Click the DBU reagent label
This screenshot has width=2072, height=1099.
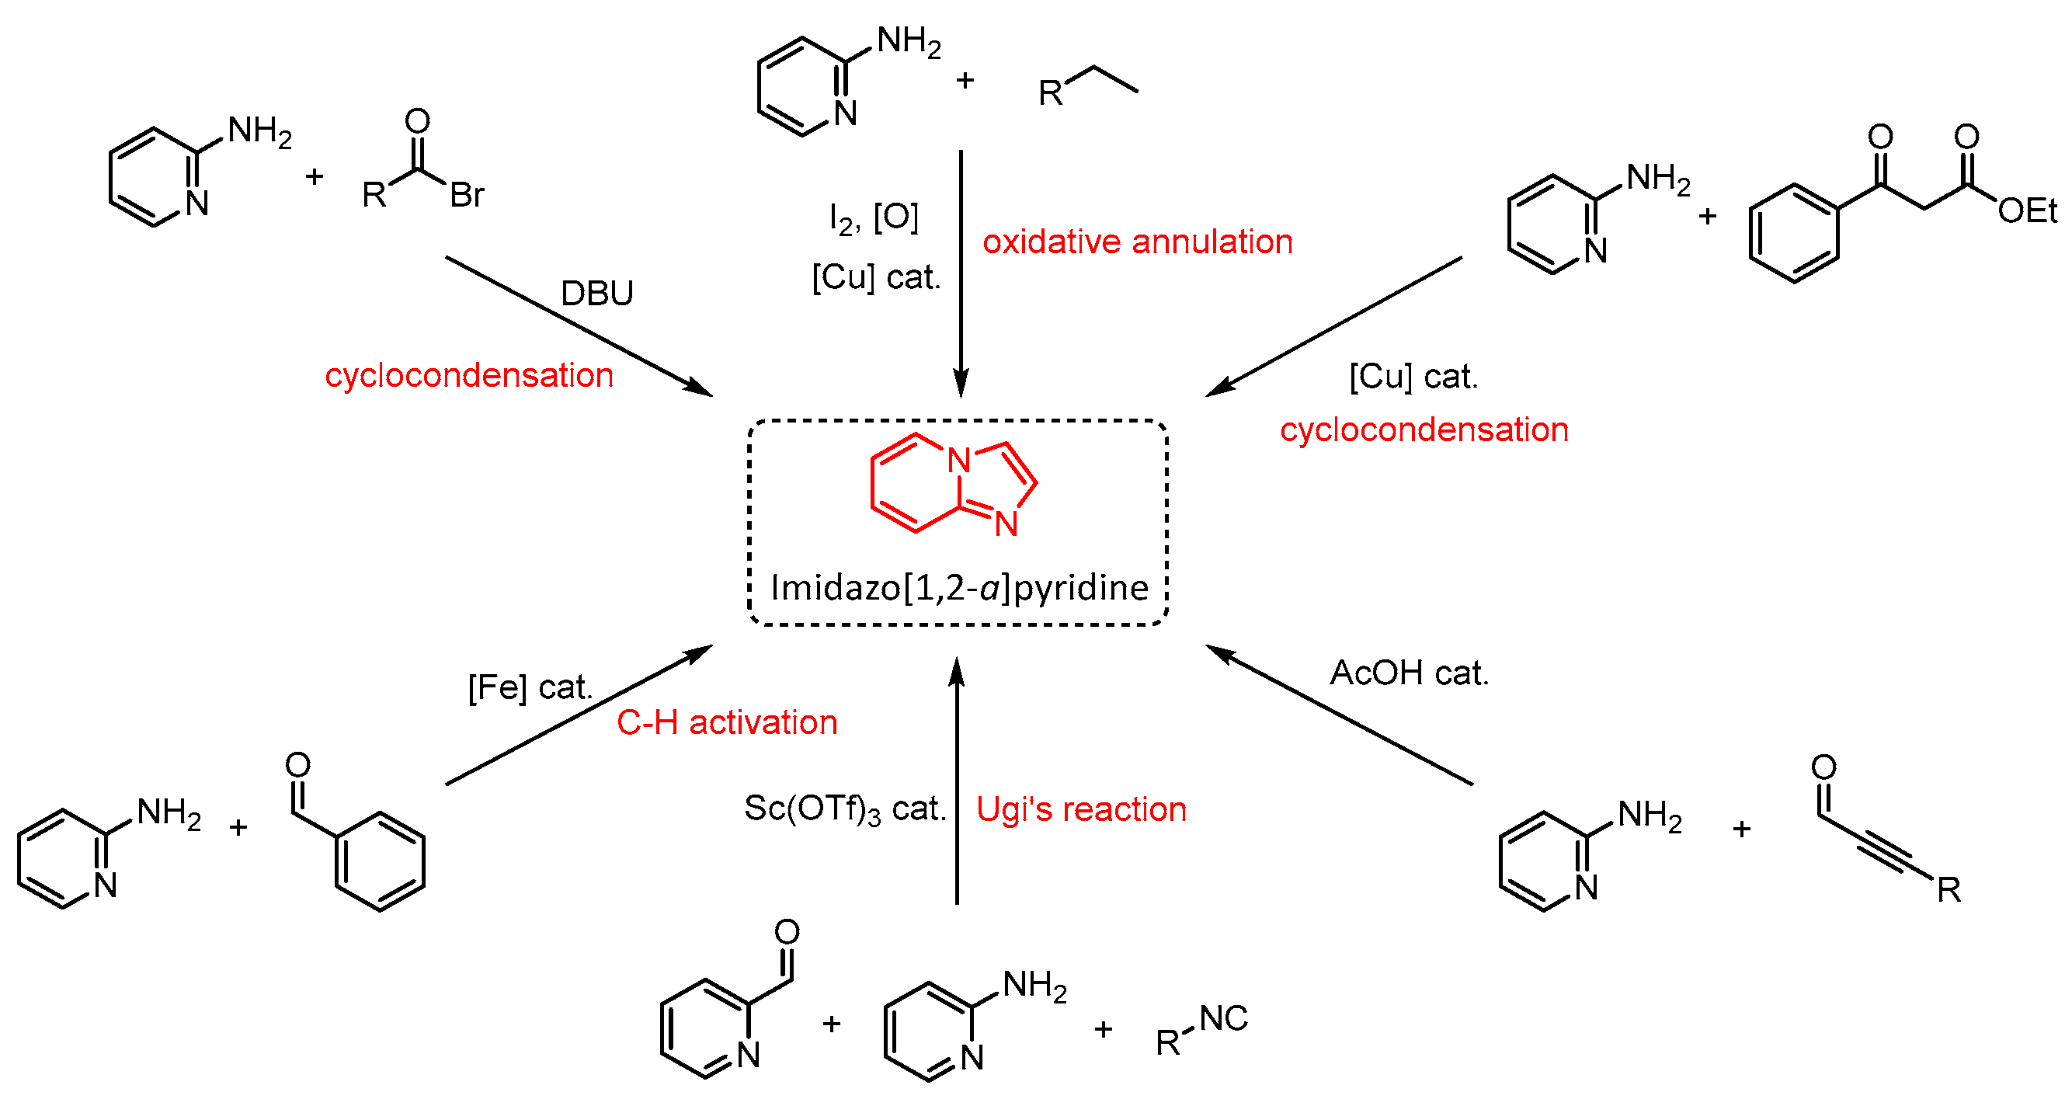596,294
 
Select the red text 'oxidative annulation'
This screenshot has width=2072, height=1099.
1137,242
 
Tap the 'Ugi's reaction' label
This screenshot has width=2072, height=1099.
1081,809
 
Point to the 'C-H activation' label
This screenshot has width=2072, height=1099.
727,722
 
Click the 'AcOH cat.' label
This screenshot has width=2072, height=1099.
1410,673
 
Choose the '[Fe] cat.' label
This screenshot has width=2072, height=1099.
530,688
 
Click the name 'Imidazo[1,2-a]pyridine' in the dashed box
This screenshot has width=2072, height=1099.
959,588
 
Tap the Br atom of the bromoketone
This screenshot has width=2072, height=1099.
468,196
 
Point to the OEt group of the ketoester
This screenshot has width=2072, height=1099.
2027,211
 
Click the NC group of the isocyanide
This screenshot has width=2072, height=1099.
1223,1019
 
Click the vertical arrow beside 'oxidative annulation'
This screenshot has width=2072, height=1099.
961,273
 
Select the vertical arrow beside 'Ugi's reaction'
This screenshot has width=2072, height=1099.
956,781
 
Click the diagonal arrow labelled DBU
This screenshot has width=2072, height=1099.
579,327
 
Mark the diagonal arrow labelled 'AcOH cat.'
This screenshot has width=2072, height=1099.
1339,715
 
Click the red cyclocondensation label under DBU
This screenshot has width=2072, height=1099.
469,376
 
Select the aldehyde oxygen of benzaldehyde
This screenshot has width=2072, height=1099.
297,765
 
